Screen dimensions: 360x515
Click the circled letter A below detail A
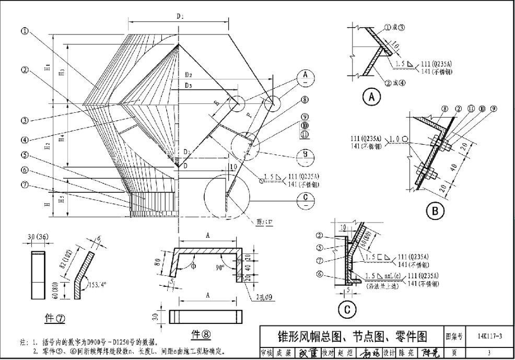tap(371, 97)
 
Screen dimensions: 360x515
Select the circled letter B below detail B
tap(435, 211)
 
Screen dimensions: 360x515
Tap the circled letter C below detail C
tap(346, 310)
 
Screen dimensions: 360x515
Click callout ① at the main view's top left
tap(25, 30)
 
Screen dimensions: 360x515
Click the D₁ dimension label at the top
tap(179, 17)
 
